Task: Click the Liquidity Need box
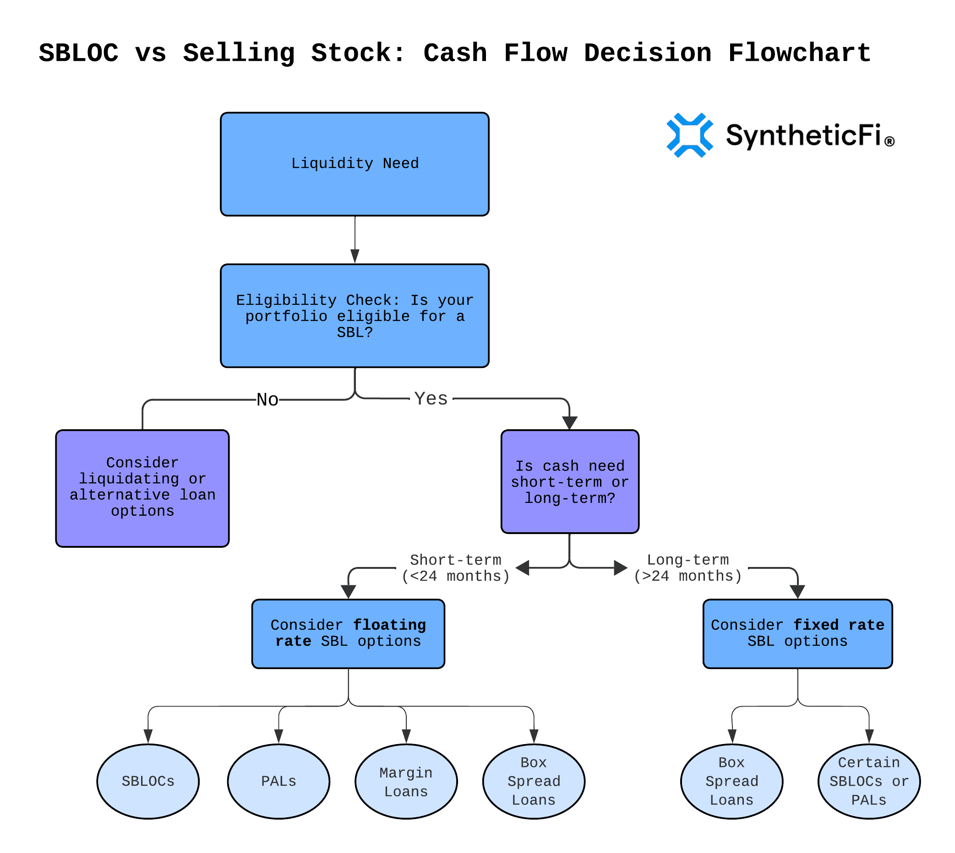point(355,164)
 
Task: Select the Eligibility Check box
point(355,316)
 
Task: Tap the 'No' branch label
point(267,400)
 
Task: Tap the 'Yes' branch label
point(431,399)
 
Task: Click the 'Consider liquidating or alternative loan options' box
point(142,488)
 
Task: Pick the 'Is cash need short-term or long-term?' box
point(569,482)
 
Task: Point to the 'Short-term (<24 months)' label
point(455,567)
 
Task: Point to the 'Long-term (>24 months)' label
point(688,567)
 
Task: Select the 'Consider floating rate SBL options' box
point(348,634)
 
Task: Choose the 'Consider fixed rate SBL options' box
point(797,634)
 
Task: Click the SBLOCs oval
point(148,781)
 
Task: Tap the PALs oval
point(278,781)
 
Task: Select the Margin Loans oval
point(406,781)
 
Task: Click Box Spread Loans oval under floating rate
point(534,781)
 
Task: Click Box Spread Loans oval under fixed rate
point(732,781)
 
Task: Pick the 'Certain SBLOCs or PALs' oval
point(869,781)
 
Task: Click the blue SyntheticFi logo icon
point(689,135)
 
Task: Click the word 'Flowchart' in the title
point(799,53)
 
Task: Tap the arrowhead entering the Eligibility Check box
point(355,256)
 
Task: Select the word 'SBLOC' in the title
point(79,53)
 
